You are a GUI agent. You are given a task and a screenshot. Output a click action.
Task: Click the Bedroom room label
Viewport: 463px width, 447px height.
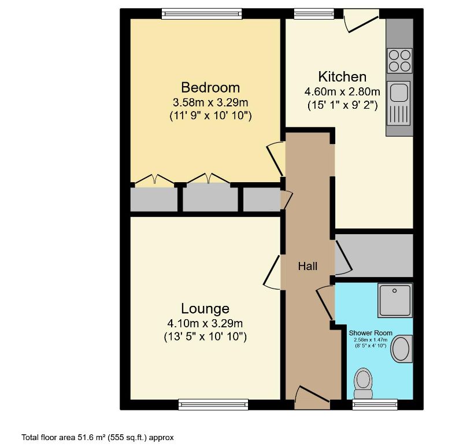(x=210, y=88)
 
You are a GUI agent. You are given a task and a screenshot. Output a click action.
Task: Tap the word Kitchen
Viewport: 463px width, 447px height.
(x=342, y=77)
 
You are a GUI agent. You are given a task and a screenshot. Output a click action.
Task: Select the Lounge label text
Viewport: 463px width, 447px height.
(x=205, y=309)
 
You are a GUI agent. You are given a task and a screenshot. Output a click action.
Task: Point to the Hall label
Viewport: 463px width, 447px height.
(x=308, y=266)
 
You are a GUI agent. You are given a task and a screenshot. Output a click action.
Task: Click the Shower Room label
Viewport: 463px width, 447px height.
(x=371, y=333)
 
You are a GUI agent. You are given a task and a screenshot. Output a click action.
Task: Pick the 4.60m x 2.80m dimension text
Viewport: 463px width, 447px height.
(x=342, y=91)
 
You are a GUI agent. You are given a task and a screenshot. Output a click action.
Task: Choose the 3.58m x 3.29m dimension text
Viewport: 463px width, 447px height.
(x=210, y=103)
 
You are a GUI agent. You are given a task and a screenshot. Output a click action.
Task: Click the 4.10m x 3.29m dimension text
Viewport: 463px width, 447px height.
(x=205, y=323)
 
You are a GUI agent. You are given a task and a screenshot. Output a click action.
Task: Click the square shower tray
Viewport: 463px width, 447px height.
(x=395, y=300)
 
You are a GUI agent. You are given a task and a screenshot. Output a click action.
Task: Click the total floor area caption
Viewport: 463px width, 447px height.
(x=98, y=438)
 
